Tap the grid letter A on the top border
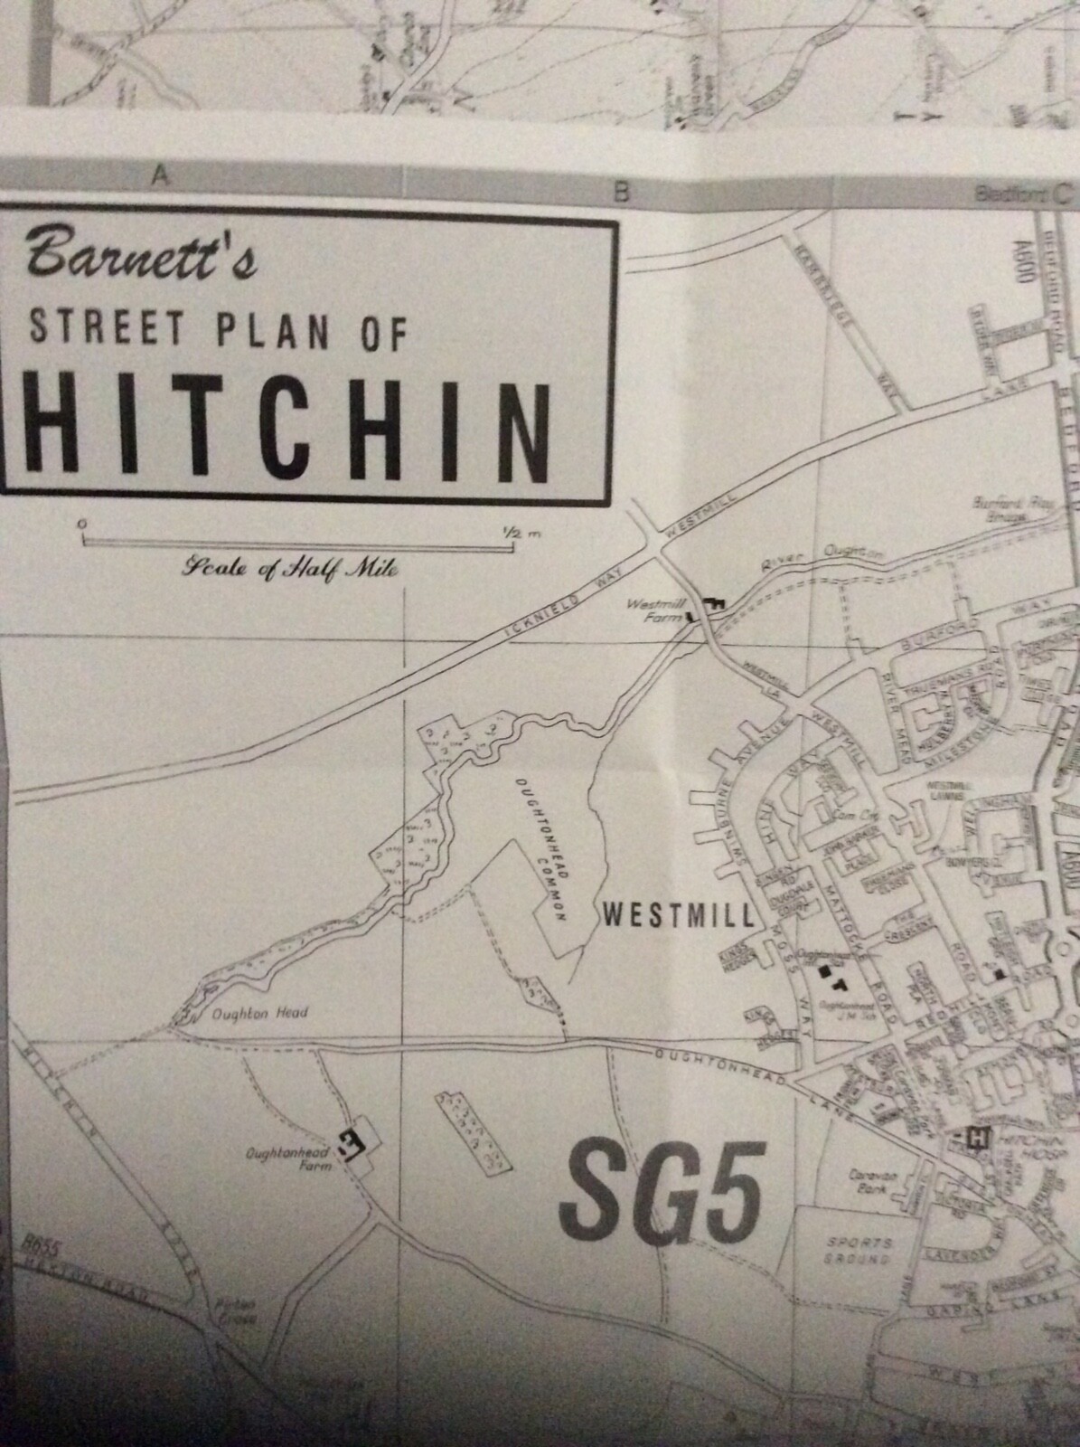pyautogui.click(x=162, y=178)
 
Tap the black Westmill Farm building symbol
pyautogui.click(x=714, y=604)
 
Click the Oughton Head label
pyautogui.click(x=259, y=1013)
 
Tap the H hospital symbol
pyautogui.click(x=976, y=1137)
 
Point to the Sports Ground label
pyautogui.click(x=859, y=1251)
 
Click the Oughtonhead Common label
pyautogui.click(x=542, y=850)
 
